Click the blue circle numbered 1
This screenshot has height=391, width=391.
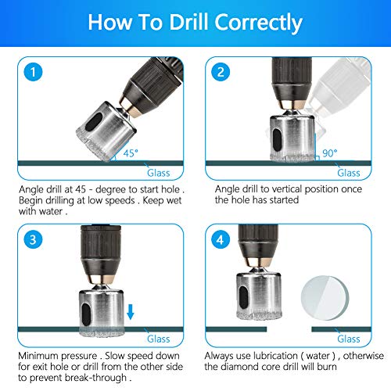pyautogui.click(x=33, y=72)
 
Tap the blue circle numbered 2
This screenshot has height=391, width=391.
pyautogui.click(x=221, y=72)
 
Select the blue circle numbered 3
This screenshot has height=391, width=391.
pyautogui.click(x=33, y=239)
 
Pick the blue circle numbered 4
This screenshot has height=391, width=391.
pyautogui.click(x=221, y=239)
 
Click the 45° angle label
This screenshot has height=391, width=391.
pyautogui.click(x=131, y=153)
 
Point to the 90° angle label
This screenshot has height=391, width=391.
pyautogui.click(x=330, y=153)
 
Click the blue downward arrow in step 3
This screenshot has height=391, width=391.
pyautogui.click(x=131, y=312)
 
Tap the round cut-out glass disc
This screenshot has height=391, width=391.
pyautogui.click(x=325, y=298)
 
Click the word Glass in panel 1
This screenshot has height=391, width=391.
pyautogui.click(x=159, y=173)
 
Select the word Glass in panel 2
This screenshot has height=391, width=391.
pyautogui.click(x=349, y=173)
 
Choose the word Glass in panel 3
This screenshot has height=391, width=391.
pyautogui.click(x=159, y=339)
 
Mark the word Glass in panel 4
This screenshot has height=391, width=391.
pyautogui.click(x=349, y=339)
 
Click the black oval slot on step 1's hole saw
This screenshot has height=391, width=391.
pyautogui.click(x=94, y=122)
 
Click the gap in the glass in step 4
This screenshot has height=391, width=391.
pyautogui.click(x=289, y=329)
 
